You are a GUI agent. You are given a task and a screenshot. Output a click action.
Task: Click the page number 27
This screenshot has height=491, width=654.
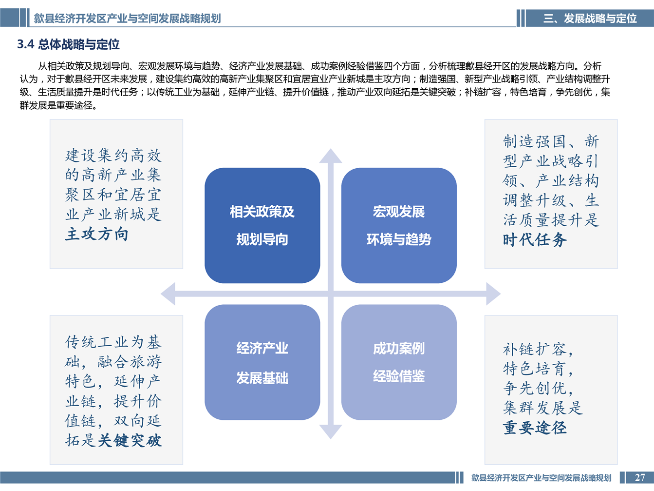[x=640, y=477]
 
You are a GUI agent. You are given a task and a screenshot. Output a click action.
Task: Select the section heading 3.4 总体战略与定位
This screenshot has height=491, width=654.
[x=68, y=44]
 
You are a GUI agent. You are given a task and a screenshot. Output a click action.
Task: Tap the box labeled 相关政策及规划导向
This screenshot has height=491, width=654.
[x=262, y=226]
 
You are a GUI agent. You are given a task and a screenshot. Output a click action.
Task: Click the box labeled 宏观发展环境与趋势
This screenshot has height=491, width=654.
[x=399, y=226]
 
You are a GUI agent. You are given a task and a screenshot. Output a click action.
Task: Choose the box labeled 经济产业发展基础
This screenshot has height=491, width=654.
[x=262, y=362]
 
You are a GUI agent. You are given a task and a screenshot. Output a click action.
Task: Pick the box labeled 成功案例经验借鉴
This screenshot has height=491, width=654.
[x=399, y=362]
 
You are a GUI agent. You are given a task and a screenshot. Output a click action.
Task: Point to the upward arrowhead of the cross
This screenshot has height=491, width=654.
[x=331, y=156]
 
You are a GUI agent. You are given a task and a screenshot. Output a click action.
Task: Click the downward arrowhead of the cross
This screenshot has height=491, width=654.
[x=331, y=432]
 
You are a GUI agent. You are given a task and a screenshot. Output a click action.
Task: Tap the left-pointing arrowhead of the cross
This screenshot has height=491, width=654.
[x=168, y=294]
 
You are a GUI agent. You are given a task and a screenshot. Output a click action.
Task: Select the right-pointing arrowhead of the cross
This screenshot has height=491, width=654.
[x=493, y=294]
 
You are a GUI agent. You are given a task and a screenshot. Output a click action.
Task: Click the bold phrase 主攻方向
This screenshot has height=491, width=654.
[x=97, y=234]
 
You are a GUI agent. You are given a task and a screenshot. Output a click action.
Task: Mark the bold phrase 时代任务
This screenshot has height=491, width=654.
[x=535, y=240]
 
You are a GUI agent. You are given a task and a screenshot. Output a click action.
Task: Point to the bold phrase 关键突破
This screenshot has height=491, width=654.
[x=130, y=441]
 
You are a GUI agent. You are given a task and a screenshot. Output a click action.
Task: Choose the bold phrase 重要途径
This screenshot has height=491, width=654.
[x=535, y=428]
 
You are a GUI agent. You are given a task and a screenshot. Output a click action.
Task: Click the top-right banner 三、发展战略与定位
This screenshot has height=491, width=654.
[x=590, y=19]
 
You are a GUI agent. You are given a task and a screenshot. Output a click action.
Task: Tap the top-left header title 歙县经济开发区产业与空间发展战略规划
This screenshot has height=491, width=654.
[x=127, y=19]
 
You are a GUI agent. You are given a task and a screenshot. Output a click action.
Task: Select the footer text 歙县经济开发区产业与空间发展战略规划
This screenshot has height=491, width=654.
[x=541, y=478]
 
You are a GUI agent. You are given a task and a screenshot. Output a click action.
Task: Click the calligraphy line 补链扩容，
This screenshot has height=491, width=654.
[x=538, y=349]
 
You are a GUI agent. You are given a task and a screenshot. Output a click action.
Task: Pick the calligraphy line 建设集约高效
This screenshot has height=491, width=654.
[x=113, y=156]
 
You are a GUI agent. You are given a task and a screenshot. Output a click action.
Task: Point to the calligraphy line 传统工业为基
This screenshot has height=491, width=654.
[x=113, y=342]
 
